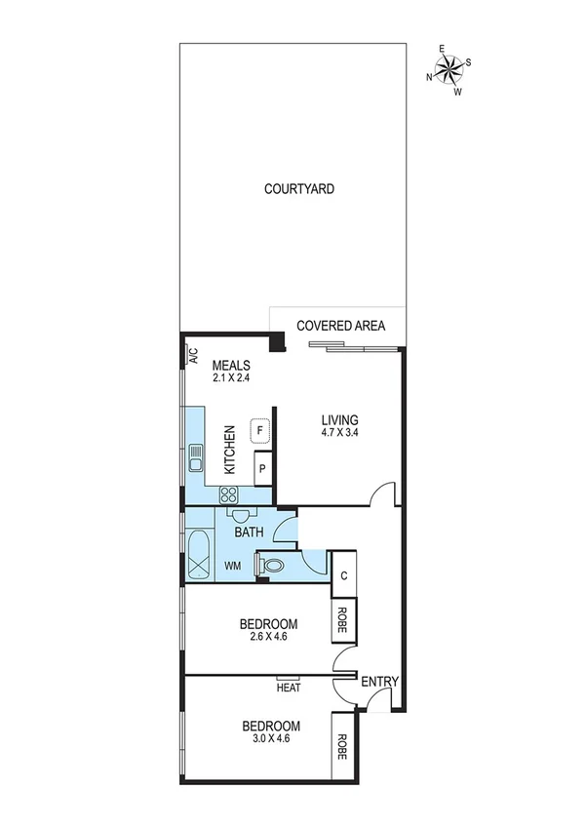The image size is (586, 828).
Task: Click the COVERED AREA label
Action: [340, 326]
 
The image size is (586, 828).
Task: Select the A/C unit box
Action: [192, 355]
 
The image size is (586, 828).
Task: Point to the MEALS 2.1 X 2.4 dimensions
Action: [231, 378]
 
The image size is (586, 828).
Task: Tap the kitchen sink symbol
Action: [196, 454]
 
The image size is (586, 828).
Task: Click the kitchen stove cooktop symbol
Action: [231, 493]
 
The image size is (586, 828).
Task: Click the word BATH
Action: [249, 532]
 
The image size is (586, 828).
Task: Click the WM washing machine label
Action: [233, 565]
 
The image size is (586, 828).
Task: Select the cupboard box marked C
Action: [345, 575]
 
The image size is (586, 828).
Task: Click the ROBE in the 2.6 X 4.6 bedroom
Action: [344, 615]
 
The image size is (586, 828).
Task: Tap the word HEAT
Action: [289, 688]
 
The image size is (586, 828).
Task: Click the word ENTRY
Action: [379, 682]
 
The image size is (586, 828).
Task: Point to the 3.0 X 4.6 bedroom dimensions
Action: [270, 738]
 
